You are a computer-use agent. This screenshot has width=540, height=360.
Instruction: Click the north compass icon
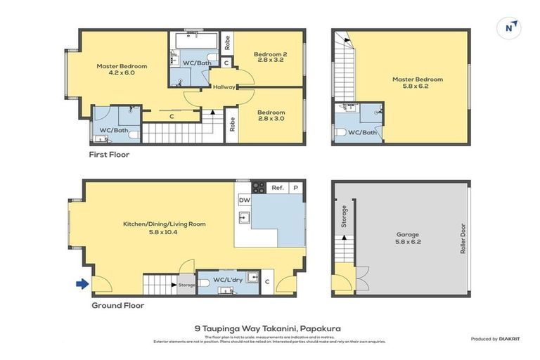[x=510, y=27]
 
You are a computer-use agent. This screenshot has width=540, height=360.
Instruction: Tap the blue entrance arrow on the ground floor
[x=82, y=284]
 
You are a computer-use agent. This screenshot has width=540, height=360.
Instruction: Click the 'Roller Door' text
[x=463, y=238]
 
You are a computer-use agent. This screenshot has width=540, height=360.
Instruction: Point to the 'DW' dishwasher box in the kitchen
[x=244, y=200]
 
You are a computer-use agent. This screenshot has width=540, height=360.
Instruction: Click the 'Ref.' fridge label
[x=277, y=188]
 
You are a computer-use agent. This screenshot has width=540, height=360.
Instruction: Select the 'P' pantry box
[x=295, y=188]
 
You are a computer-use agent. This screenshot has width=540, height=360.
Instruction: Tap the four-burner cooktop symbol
[x=258, y=188]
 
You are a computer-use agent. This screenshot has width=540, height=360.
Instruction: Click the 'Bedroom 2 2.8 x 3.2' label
[x=271, y=58]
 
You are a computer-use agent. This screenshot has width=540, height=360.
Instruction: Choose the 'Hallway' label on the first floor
[x=224, y=88]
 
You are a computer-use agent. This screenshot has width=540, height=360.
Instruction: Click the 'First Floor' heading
[x=109, y=154]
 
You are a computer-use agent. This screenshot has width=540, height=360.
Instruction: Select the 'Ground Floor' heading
[x=118, y=306]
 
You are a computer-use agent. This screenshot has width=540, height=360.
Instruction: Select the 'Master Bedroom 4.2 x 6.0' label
[x=122, y=70]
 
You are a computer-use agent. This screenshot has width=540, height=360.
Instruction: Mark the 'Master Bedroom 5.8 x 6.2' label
[x=418, y=83]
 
